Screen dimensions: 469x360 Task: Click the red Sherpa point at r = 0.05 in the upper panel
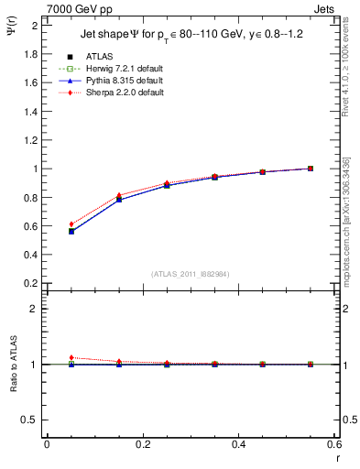71,224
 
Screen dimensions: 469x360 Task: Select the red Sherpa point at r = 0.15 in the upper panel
119,195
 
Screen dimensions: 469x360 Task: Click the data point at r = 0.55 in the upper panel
311,169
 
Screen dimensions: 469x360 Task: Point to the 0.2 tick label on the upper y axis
30,283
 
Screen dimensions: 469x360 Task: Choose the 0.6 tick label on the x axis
334,444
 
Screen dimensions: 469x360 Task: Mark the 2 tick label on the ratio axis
35,309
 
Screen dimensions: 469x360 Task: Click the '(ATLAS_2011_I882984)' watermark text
190,274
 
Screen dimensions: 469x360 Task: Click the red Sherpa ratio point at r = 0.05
71,357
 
